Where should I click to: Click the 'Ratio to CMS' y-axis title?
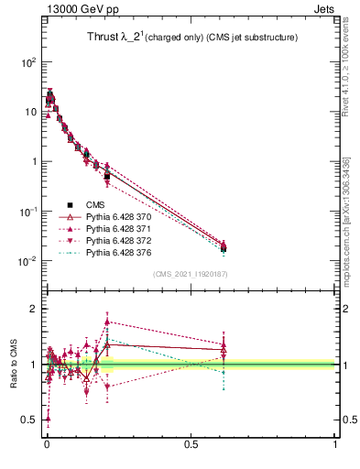pos(13,365)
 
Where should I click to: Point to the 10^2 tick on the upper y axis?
pos(28,62)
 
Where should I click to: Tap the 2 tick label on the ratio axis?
pos(34,309)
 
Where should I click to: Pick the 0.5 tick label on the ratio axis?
pos(30,420)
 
